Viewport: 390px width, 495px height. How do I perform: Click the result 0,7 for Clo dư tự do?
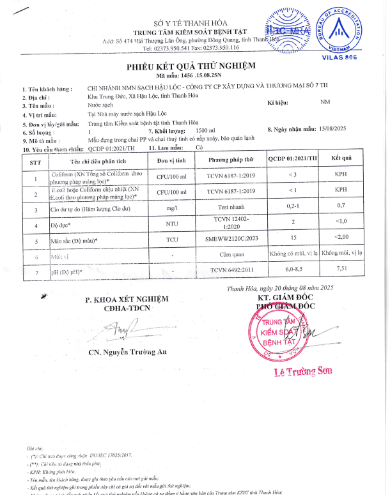(x=341, y=205)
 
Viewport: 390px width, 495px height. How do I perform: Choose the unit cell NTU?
(x=171, y=224)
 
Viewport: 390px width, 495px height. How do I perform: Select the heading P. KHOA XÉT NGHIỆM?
(x=127, y=300)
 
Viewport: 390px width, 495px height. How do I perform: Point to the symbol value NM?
(x=325, y=102)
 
